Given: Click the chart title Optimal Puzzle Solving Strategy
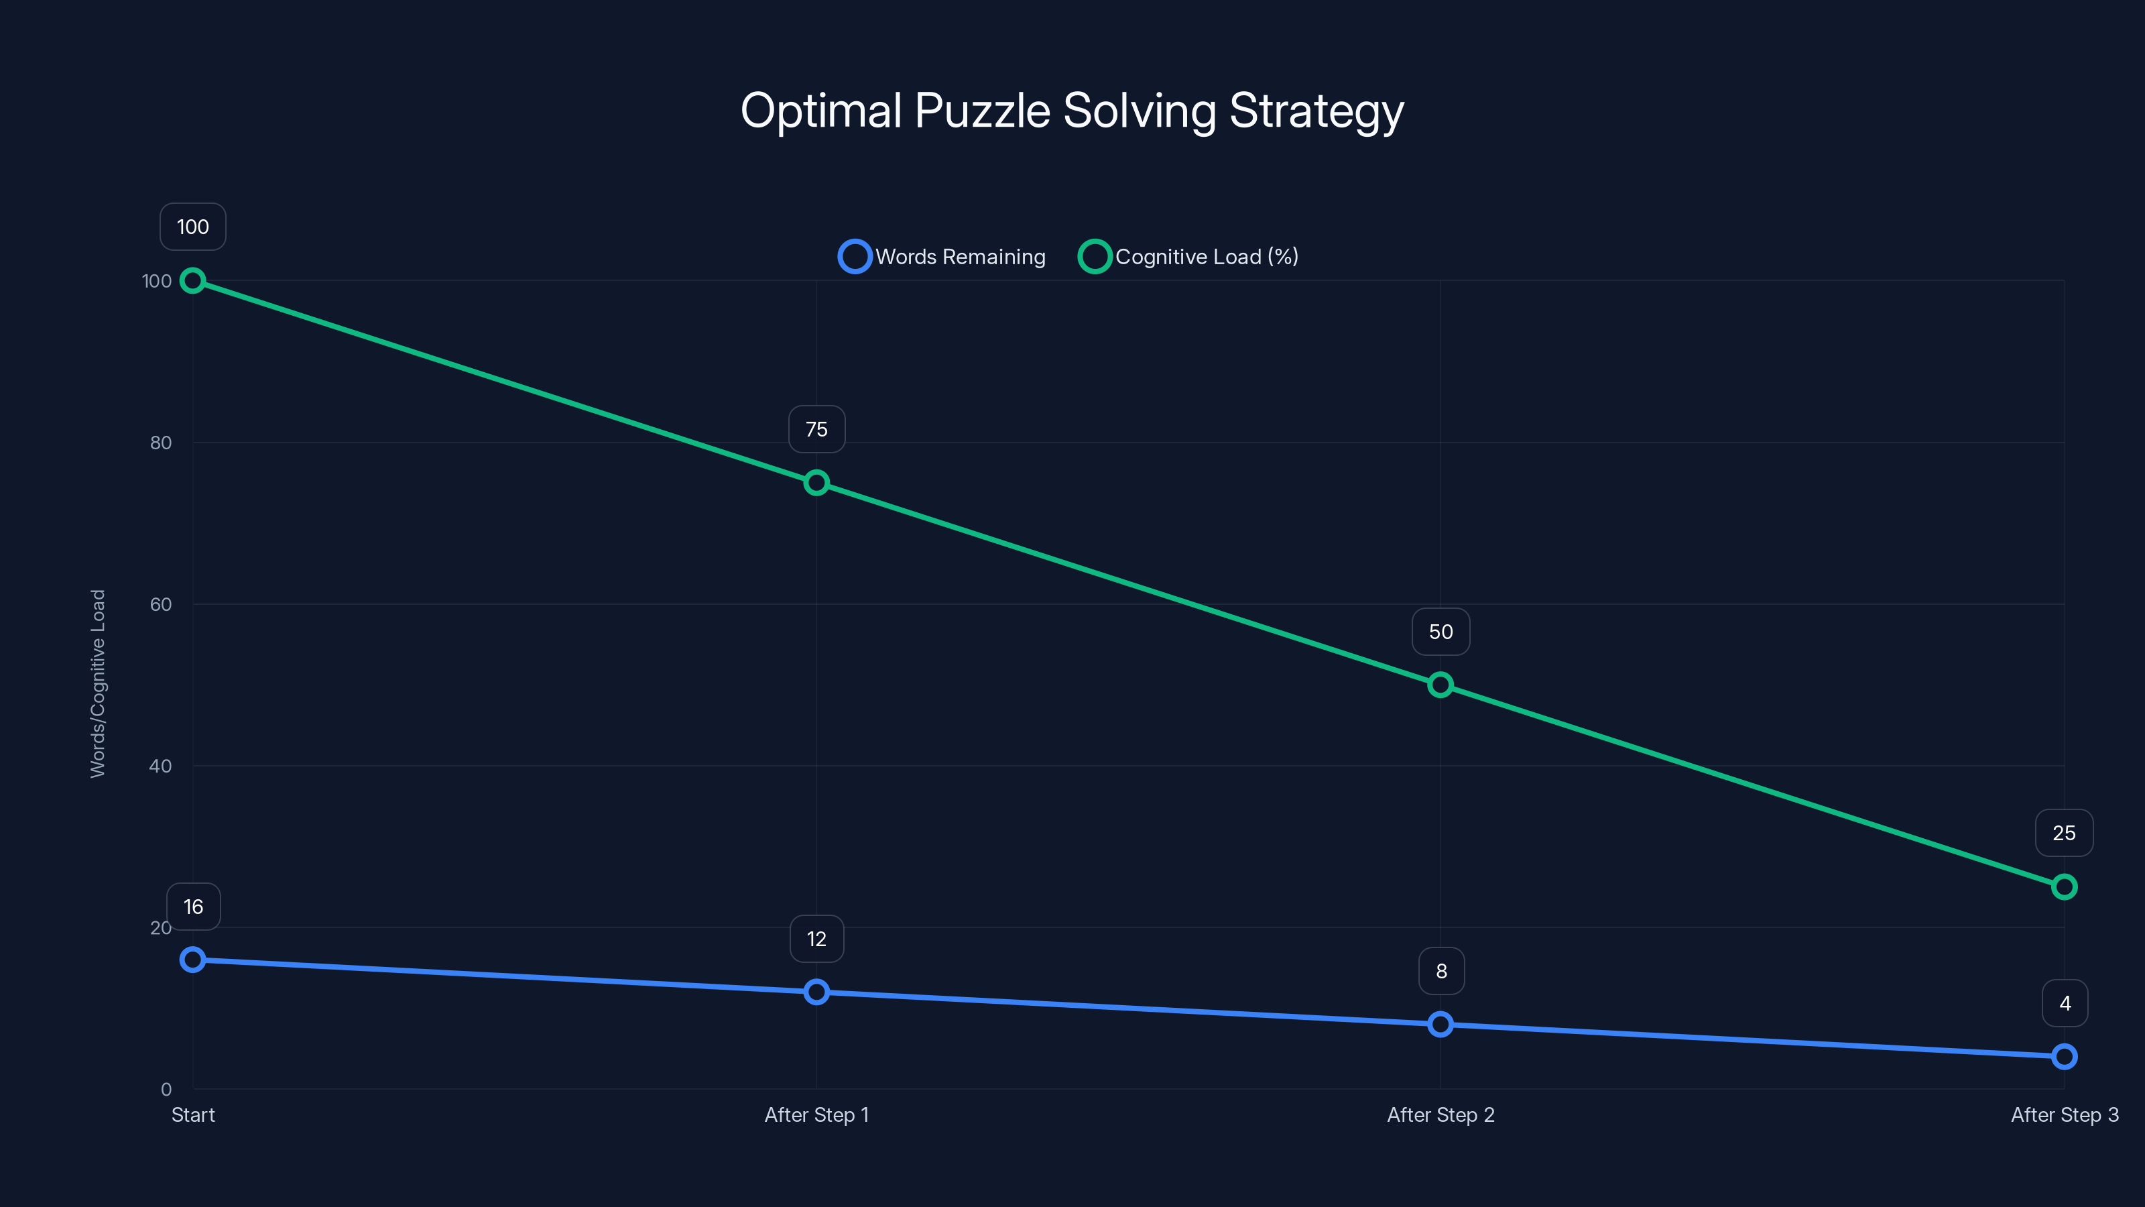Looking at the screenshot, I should (x=1072, y=111).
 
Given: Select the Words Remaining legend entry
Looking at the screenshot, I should (x=942, y=257).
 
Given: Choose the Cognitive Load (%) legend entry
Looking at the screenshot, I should (x=1188, y=257).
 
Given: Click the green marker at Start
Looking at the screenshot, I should (x=192, y=281).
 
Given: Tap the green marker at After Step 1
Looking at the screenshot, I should (x=816, y=483).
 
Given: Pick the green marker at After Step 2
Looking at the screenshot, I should (x=1441, y=685).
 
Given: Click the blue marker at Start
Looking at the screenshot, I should (x=192, y=960).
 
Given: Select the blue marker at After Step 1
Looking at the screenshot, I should (x=816, y=992).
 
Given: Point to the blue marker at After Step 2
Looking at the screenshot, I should (x=1441, y=1024).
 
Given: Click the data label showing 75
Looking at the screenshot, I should (x=816, y=429).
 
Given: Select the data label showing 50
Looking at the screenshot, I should (x=1441, y=632).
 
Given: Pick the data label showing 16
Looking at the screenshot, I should (x=193, y=907).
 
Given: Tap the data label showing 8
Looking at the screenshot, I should (x=1441, y=970).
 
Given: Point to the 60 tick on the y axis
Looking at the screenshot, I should (x=161, y=604).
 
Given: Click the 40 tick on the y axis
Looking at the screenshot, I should (x=161, y=766).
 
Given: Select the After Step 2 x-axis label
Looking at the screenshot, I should (x=1441, y=1114).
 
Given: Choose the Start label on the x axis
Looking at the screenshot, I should (x=193, y=1114).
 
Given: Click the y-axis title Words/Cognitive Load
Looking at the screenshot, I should (x=99, y=684).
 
